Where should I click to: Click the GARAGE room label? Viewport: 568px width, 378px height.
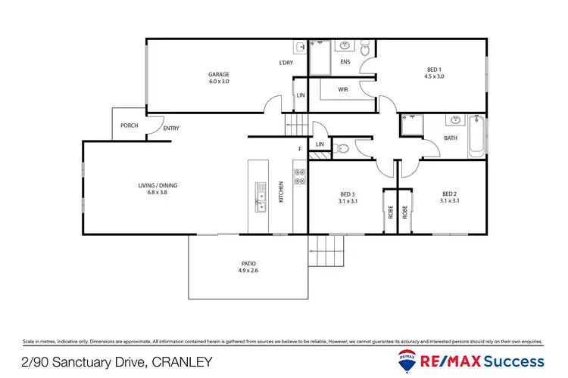point(219,74)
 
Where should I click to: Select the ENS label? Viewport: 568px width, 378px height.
point(345,61)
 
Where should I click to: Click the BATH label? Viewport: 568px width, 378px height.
point(451,138)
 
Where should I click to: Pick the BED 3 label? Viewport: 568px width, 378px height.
point(348,194)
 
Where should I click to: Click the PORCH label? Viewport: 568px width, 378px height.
point(130,125)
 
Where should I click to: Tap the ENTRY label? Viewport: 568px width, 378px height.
point(171,129)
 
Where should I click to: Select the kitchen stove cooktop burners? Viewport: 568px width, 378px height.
point(299,176)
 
